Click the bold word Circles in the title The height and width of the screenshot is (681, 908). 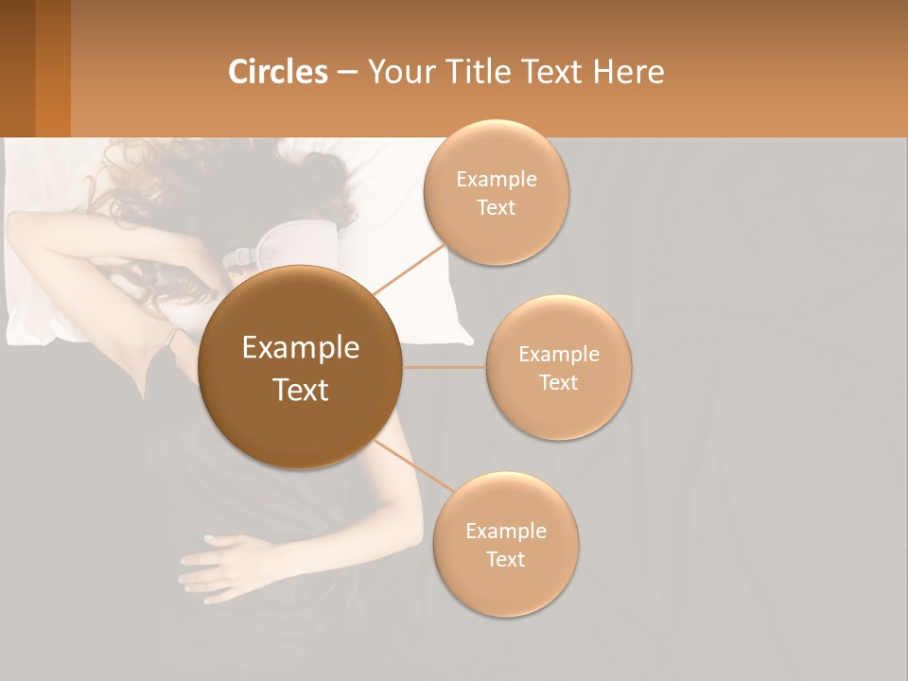point(277,72)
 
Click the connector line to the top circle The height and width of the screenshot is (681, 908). point(410,270)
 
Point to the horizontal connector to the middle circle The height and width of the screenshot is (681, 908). point(445,367)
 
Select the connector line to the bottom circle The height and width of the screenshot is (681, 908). point(413,467)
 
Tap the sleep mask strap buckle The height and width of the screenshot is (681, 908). point(238,256)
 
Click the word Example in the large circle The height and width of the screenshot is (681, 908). point(300,348)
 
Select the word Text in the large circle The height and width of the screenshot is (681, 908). point(300,390)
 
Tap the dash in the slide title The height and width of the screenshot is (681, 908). point(347,73)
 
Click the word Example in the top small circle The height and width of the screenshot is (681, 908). point(497,180)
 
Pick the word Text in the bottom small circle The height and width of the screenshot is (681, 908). point(505,559)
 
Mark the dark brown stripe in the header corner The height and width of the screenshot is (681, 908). point(17,68)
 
